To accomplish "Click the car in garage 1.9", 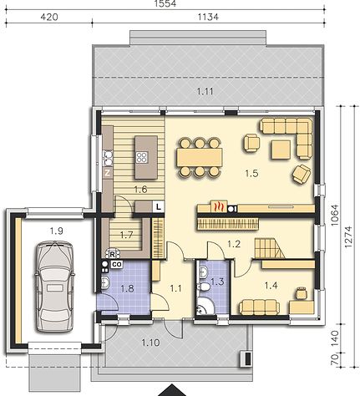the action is [x=55, y=287].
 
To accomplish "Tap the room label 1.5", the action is [x=251, y=174].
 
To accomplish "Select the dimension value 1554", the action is [x=165, y=3].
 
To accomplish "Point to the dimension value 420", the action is [x=49, y=17].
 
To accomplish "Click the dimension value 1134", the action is [x=208, y=17].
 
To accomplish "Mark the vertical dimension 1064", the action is [x=335, y=215].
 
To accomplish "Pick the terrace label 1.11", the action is [x=205, y=91].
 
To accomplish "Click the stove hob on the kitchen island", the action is [x=142, y=158].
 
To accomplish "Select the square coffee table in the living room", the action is [x=281, y=150].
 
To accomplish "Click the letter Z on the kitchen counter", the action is [x=108, y=173].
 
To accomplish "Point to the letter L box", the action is [x=158, y=207].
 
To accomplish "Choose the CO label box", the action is [x=117, y=264].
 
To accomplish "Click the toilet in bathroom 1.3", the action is [x=204, y=287].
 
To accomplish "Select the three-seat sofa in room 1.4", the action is [x=259, y=307].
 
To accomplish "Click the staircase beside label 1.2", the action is [x=270, y=249].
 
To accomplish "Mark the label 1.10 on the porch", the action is [x=150, y=343].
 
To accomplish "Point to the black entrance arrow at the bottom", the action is [x=172, y=390].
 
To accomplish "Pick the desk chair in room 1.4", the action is [x=302, y=293].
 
